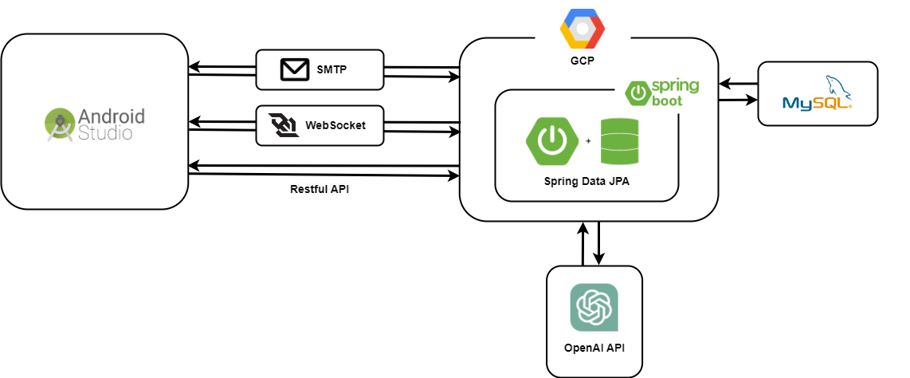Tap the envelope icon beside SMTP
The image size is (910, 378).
pyautogui.click(x=294, y=70)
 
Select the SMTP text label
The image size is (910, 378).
pyautogui.click(x=332, y=70)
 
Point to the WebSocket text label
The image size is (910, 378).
pyautogui.click(x=335, y=125)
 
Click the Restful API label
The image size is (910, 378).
pyautogui.click(x=320, y=190)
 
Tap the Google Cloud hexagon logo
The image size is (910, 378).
pyautogui.click(x=582, y=29)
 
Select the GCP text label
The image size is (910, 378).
pyautogui.click(x=582, y=60)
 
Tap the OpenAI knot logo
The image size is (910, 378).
pyautogui.click(x=593, y=307)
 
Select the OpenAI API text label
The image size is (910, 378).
pyautogui.click(x=594, y=348)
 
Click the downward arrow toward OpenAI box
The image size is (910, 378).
pyautogui.click(x=598, y=242)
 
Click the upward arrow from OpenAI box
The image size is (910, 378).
pyautogui.click(x=582, y=242)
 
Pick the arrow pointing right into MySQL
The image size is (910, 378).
pyautogui.click(x=738, y=100)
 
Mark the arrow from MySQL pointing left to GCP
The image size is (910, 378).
pyautogui.click(x=738, y=83)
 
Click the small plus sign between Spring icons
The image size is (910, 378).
pyautogui.click(x=588, y=140)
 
